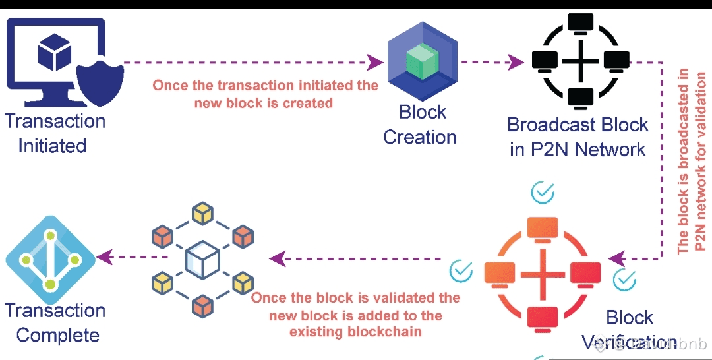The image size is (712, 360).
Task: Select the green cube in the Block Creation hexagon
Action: (422, 63)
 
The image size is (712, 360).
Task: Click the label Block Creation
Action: (421, 125)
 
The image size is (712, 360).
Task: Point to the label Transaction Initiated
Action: (54, 133)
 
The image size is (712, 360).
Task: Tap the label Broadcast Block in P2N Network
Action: (578, 136)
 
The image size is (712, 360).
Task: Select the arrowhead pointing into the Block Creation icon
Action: (375, 63)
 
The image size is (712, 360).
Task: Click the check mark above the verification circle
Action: (543, 193)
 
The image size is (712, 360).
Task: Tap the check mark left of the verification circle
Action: (461, 270)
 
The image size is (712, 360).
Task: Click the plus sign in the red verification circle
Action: (542, 272)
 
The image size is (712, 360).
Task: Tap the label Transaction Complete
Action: (55, 322)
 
